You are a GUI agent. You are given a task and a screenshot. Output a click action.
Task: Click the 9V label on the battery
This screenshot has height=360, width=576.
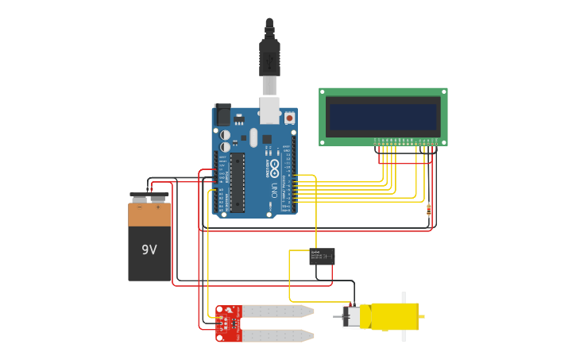(149, 250)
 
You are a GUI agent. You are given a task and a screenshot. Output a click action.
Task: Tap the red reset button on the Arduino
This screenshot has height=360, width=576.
(289, 118)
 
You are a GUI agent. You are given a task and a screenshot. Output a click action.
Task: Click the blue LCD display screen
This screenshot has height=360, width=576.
(383, 117)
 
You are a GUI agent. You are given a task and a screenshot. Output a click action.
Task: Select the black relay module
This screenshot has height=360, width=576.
(322, 256)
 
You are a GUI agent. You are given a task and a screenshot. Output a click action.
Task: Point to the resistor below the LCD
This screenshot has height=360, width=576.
(429, 210)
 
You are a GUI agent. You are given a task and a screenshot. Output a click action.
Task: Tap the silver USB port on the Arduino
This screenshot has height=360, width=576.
(269, 110)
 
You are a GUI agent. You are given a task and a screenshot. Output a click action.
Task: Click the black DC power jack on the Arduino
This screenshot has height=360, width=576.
(222, 116)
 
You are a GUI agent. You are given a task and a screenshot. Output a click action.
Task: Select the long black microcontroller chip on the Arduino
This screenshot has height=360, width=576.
(237, 182)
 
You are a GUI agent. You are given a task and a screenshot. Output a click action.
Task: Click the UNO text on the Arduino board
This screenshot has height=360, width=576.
(275, 190)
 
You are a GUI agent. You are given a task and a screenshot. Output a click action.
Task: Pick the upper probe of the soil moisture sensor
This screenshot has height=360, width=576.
(278, 312)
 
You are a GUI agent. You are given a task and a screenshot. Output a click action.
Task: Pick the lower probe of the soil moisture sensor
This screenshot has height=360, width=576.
(278, 336)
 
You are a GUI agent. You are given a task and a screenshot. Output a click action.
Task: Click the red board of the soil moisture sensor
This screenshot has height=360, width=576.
(229, 323)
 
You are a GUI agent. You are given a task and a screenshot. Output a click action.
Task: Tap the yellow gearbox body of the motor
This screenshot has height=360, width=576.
(389, 316)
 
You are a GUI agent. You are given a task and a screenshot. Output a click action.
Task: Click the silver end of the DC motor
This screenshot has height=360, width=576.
(350, 315)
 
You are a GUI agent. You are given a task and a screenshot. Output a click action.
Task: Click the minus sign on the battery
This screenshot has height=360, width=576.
(140, 207)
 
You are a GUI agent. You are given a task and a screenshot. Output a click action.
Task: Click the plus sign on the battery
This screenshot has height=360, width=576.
(158, 207)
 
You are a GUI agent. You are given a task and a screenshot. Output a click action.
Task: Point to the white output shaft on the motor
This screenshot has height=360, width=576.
(404, 316)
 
